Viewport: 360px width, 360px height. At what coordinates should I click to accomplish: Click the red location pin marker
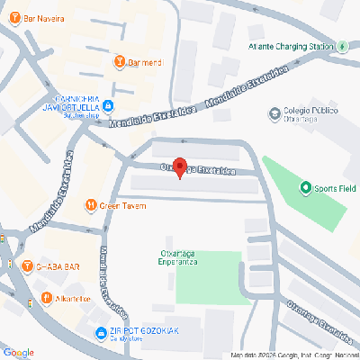click(x=179, y=167)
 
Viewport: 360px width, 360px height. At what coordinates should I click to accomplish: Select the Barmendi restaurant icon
click(x=121, y=62)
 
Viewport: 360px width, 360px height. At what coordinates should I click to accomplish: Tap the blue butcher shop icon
click(x=108, y=106)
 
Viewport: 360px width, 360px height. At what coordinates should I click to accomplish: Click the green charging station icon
click(x=343, y=47)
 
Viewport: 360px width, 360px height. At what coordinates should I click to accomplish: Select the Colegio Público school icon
click(x=275, y=114)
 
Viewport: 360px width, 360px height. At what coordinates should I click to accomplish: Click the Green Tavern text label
click(x=121, y=205)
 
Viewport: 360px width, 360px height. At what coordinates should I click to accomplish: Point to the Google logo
click(x=18, y=352)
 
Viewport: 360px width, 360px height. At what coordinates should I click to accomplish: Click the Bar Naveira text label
click(x=45, y=19)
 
